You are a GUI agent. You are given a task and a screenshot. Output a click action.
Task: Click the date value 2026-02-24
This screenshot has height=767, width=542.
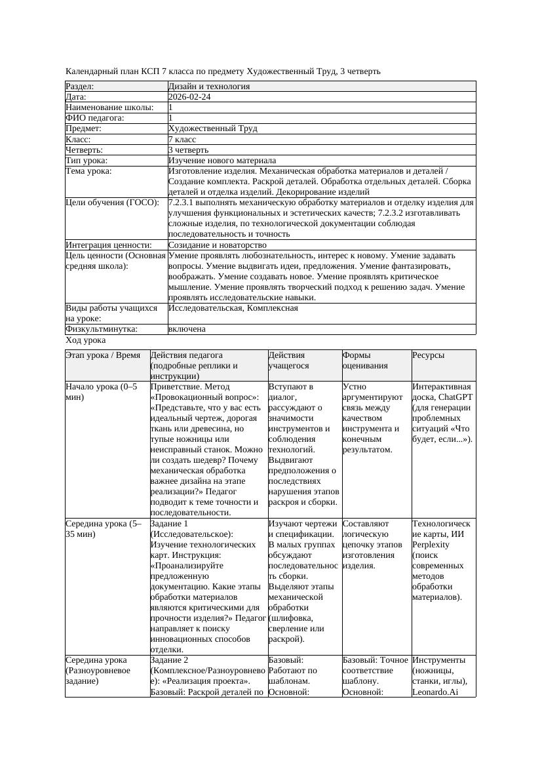[x=189, y=97]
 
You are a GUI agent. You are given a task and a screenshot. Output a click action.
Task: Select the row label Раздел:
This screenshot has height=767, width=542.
[x=80, y=87]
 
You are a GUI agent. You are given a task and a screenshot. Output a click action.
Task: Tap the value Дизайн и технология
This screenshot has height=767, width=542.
[x=208, y=87]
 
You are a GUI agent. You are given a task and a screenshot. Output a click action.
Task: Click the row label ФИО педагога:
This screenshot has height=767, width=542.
[x=96, y=118]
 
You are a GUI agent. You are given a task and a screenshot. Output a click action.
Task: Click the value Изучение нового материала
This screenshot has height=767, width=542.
[x=222, y=161]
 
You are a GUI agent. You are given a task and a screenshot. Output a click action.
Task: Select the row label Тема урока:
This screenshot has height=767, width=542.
[x=89, y=171]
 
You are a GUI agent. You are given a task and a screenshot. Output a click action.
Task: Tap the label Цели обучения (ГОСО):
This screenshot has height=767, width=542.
[x=113, y=203]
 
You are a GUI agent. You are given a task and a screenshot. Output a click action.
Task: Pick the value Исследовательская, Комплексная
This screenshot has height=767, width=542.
[x=233, y=308]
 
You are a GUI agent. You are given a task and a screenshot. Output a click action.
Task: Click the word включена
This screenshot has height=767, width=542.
[x=187, y=329]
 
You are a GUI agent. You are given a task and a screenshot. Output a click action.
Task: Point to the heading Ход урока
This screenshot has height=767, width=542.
[x=86, y=340]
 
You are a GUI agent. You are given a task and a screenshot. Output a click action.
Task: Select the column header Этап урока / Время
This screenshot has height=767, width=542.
[x=103, y=355]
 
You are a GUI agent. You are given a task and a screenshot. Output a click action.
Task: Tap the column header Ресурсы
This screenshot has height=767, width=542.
[x=429, y=355]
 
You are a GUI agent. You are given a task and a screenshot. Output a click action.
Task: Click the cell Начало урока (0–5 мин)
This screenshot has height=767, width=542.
[x=102, y=392]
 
